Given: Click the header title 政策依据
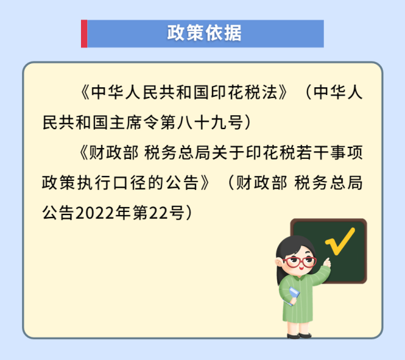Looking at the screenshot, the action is (x=204, y=33).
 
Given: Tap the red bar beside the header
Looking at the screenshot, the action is (x=84, y=34).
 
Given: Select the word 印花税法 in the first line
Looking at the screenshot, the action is (x=245, y=92).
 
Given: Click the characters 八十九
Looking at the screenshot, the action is (x=202, y=122).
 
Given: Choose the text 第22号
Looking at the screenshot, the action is (x=158, y=213).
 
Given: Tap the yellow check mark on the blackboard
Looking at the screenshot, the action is (x=340, y=240).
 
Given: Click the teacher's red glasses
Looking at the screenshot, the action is (x=299, y=262).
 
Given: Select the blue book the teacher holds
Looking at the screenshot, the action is (x=293, y=295).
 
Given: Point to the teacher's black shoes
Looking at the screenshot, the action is (x=299, y=335).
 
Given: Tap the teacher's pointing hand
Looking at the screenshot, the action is (x=327, y=263).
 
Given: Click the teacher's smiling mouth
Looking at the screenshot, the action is (x=301, y=269).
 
